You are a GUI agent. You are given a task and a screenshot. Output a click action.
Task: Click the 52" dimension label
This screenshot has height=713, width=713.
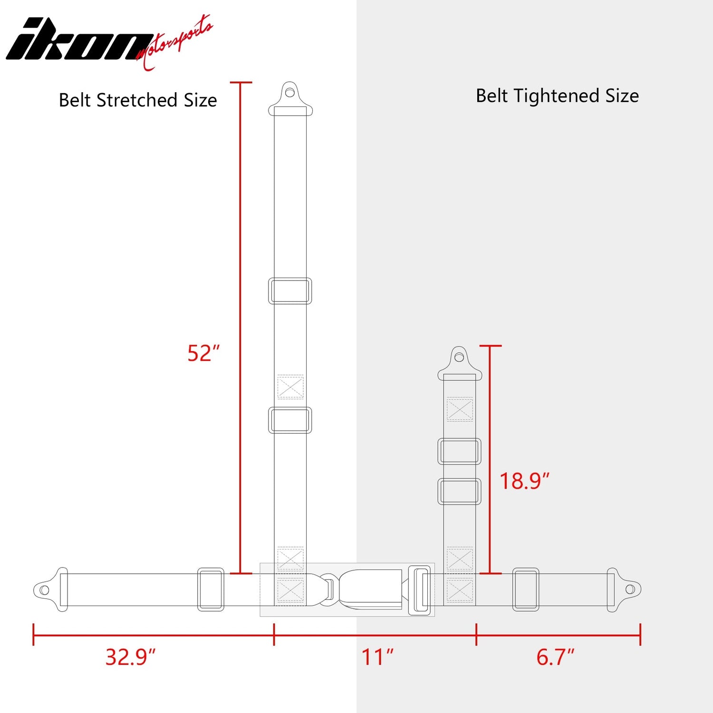203,353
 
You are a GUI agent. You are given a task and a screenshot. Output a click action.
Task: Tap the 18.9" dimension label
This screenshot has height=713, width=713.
524,481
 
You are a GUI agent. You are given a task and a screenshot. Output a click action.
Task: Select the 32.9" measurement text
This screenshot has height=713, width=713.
131,657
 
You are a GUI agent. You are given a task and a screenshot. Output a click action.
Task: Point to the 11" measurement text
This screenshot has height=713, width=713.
377,657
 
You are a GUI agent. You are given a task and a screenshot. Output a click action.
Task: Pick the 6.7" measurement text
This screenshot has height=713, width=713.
555,657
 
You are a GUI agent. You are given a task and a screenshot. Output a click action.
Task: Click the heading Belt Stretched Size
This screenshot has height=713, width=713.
138,100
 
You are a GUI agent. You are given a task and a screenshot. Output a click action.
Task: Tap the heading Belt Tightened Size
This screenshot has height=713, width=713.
557,96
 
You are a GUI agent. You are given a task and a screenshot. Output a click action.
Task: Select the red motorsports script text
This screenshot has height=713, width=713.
174,43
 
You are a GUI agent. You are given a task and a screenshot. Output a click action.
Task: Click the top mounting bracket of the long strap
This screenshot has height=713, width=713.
290,99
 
